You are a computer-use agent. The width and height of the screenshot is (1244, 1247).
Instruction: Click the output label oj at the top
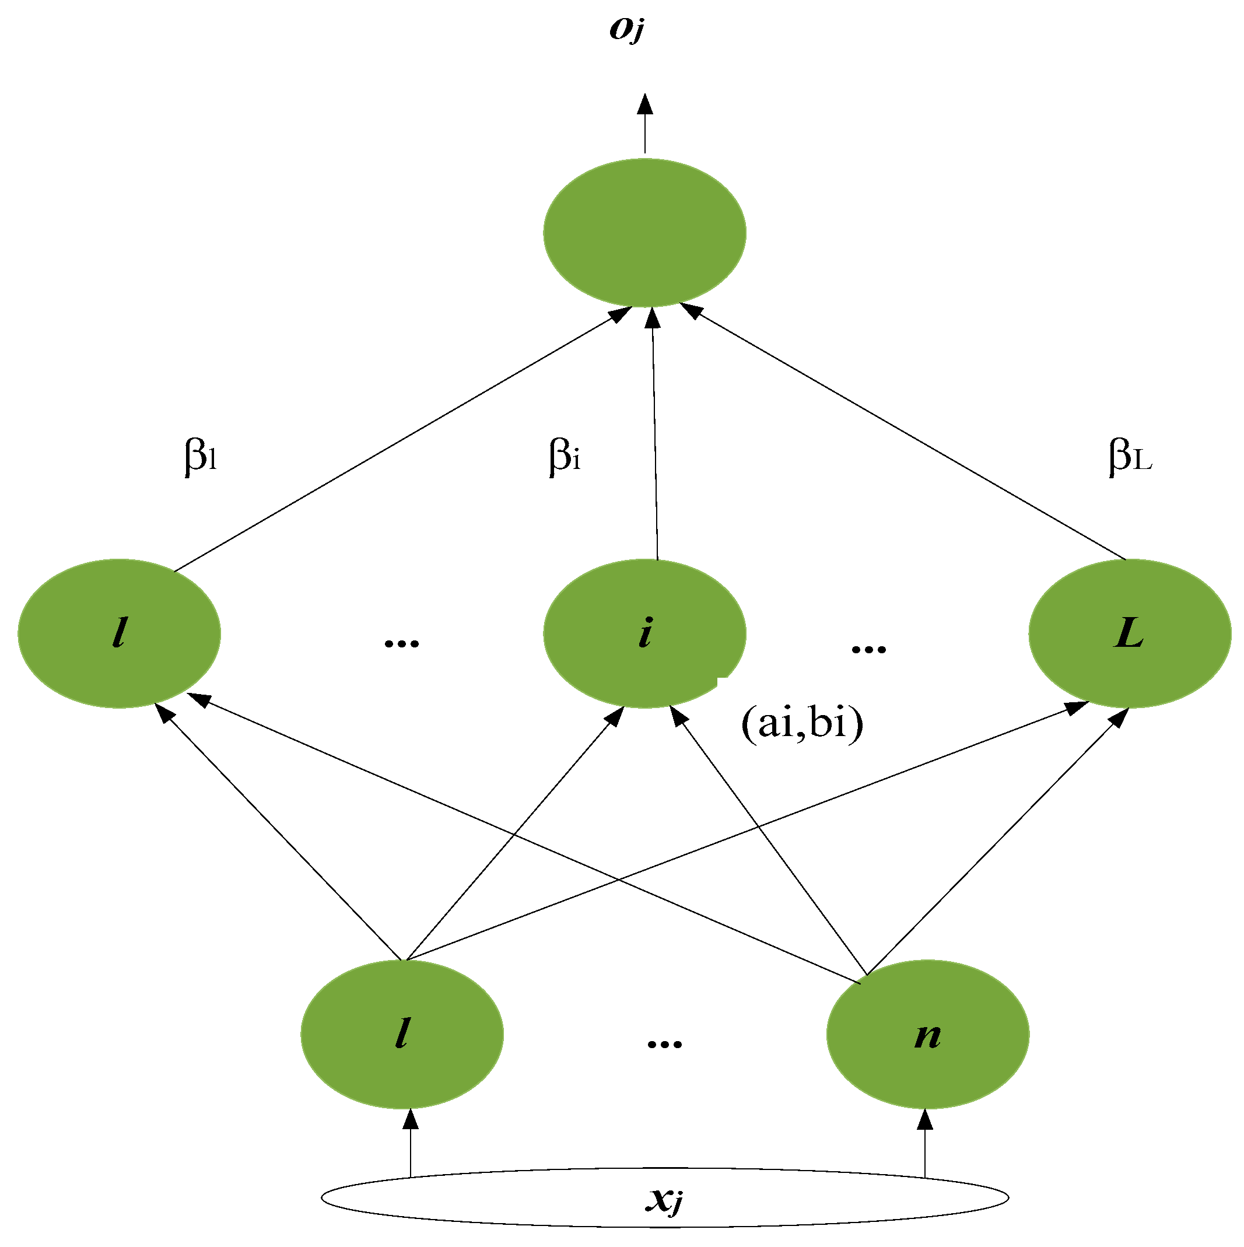point(626,29)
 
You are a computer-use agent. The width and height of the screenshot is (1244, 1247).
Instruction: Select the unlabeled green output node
point(644,232)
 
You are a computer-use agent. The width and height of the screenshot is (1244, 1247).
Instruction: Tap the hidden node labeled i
point(644,633)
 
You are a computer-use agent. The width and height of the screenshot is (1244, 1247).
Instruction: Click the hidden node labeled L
point(1129,633)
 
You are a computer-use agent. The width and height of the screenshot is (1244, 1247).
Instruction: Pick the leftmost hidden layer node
point(119,633)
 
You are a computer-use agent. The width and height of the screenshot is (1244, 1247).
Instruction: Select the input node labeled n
point(927,1035)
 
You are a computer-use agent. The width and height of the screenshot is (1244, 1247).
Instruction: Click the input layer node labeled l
point(401,1035)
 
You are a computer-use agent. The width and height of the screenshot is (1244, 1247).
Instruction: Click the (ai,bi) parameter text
point(802,723)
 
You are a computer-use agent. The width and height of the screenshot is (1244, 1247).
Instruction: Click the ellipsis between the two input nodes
point(664,1043)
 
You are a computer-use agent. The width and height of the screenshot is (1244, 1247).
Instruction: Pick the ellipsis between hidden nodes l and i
point(401,643)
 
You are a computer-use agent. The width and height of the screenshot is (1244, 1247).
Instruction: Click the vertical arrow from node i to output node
point(654,432)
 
